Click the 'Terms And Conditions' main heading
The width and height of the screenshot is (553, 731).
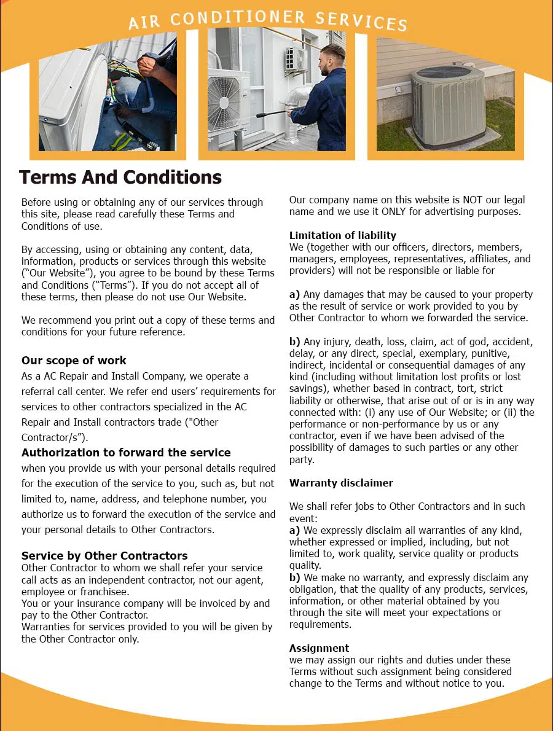click(120, 178)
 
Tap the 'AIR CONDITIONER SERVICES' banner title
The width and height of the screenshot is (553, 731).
click(267, 20)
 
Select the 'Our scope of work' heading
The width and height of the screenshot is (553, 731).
click(74, 361)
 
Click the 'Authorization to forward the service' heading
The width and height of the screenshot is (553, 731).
click(126, 453)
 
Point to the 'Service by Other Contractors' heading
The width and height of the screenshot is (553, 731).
click(104, 556)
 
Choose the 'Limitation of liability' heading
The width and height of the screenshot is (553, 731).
click(343, 235)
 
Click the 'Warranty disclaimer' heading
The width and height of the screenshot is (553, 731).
click(341, 483)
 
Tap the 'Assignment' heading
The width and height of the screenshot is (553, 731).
click(319, 648)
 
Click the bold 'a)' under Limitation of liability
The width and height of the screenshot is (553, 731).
click(295, 294)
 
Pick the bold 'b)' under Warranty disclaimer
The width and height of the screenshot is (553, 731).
click(295, 577)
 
